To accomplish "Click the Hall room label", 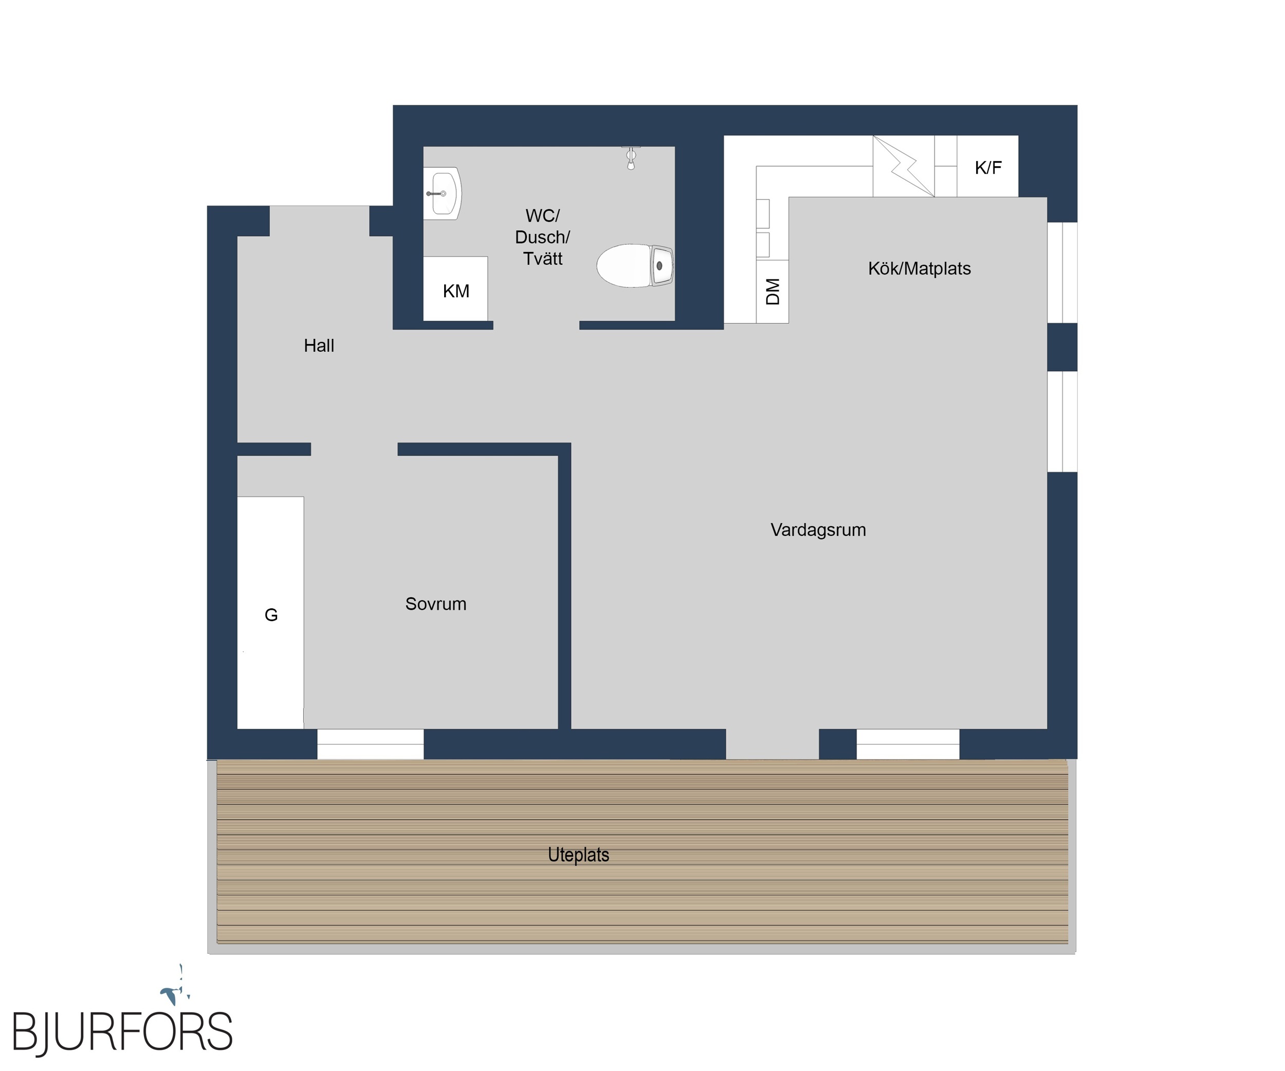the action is coord(319,346).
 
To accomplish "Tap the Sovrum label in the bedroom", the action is coord(436,604).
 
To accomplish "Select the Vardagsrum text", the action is coord(818,530).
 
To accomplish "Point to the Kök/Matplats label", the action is coord(919,269).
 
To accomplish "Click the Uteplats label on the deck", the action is coord(578,855).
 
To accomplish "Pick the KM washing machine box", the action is coord(455,288).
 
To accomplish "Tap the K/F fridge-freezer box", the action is coord(987,167).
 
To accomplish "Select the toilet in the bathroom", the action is coord(635,266).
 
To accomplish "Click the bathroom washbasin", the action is coord(442,193).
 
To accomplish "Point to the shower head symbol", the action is coord(631,157).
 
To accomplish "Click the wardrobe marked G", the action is coord(270,612).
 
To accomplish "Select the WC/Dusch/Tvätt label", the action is coord(542,237).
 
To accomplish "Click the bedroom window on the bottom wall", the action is coord(370,744).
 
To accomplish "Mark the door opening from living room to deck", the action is coord(772,744).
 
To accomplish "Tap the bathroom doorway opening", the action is coord(536,325).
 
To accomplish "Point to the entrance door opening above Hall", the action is coord(319,221).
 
